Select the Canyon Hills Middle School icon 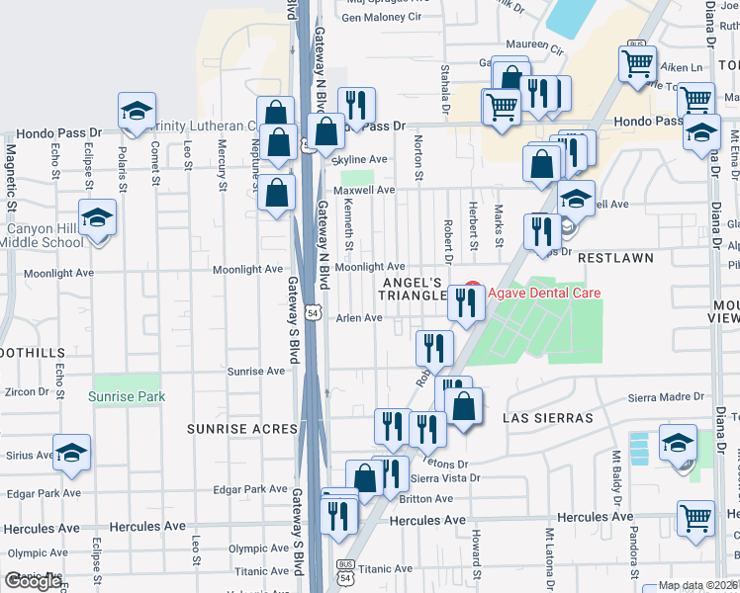[98, 217]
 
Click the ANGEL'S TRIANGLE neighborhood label [416, 289]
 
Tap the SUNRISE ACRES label [242, 428]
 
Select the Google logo [34, 581]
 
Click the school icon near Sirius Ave [71, 453]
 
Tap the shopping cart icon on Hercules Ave [696, 517]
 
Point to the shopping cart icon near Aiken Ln [637, 62]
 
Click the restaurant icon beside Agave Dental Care [465, 302]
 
